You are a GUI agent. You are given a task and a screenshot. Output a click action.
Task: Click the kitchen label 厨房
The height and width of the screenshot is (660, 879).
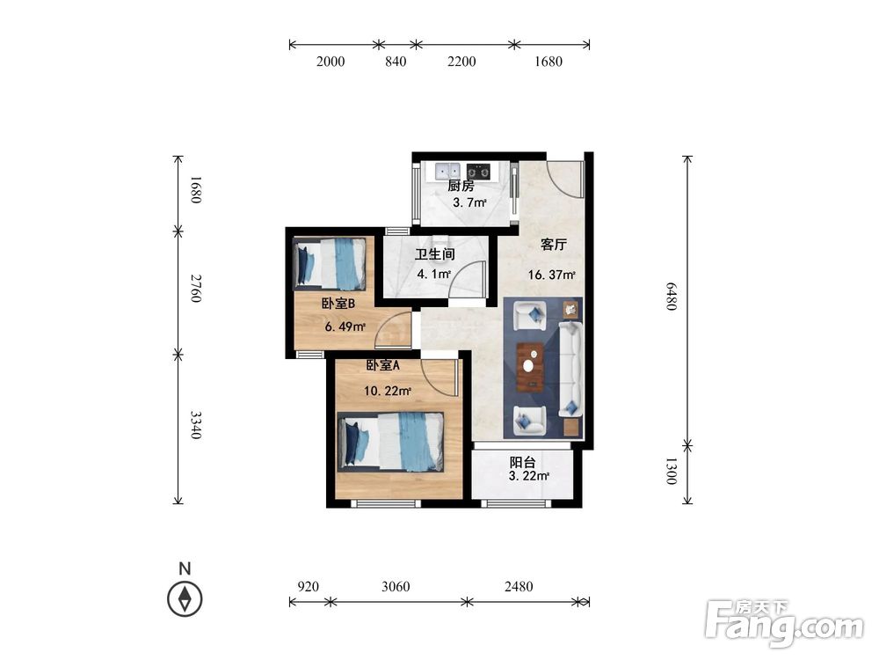click(x=461, y=187)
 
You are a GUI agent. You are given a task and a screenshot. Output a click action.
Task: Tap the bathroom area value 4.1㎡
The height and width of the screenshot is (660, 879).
click(x=434, y=275)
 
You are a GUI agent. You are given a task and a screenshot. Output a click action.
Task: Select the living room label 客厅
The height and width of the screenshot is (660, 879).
click(x=554, y=244)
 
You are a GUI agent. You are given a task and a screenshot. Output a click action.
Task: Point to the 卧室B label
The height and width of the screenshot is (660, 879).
click(x=338, y=304)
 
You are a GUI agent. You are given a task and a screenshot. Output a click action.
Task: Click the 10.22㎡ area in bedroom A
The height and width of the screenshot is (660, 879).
click(x=388, y=392)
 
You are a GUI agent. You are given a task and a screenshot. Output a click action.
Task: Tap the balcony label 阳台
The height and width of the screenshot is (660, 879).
click(x=522, y=463)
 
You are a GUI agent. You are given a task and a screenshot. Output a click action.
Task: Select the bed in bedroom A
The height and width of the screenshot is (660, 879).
click(x=391, y=442)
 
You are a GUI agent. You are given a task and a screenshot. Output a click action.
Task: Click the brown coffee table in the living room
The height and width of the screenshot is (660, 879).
click(x=530, y=366)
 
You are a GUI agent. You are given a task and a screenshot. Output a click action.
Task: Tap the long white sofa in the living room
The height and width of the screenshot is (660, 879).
click(x=570, y=369)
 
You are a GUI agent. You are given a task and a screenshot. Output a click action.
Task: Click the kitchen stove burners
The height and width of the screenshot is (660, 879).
click(x=479, y=172)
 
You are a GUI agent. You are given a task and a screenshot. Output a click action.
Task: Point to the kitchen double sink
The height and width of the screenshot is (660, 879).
click(x=446, y=171)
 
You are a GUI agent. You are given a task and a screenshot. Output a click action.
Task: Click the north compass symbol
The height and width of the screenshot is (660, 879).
click(x=185, y=598)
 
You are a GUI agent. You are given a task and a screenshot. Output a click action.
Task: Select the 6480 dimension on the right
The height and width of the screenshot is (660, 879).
click(x=671, y=296)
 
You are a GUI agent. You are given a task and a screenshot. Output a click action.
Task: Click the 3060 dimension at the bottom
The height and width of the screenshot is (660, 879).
click(x=396, y=586)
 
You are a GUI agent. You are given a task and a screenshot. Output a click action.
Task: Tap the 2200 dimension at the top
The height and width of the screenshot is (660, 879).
click(x=461, y=62)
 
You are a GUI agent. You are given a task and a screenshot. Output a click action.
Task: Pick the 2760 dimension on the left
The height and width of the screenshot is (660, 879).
click(x=194, y=289)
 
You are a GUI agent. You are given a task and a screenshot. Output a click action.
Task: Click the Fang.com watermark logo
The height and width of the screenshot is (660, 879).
click(x=784, y=623)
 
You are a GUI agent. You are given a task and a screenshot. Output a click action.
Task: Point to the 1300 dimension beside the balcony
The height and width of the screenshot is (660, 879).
click(x=671, y=471)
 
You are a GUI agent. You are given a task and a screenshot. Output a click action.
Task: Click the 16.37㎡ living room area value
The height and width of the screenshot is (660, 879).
click(x=552, y=275)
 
